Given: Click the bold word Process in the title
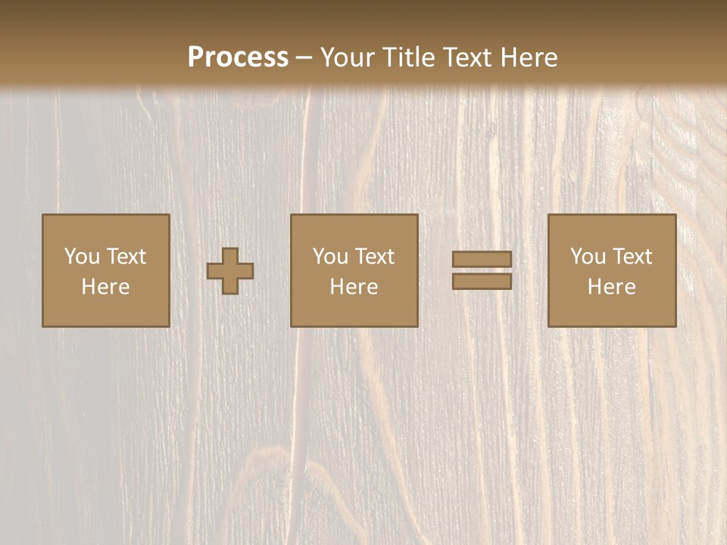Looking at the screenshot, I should pos(238,58).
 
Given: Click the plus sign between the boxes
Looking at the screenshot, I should pos(231,271).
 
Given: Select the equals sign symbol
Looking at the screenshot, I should pos(482,270).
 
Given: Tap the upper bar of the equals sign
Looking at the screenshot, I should pos(482,260).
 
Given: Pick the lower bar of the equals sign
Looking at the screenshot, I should pos(482,281).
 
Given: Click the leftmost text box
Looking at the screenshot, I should pos(106,270).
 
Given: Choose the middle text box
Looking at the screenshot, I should pos(354,270).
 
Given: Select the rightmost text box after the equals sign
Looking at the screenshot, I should pos(612,270).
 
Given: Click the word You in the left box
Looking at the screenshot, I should pos(82,257).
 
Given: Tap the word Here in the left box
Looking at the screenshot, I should pos(106,287).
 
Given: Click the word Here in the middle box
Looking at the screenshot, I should pos(354,287).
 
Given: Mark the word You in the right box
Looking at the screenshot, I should pos(588,257).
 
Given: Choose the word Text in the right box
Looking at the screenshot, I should pos(632,257).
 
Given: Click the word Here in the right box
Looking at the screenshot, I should pos(612,287).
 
